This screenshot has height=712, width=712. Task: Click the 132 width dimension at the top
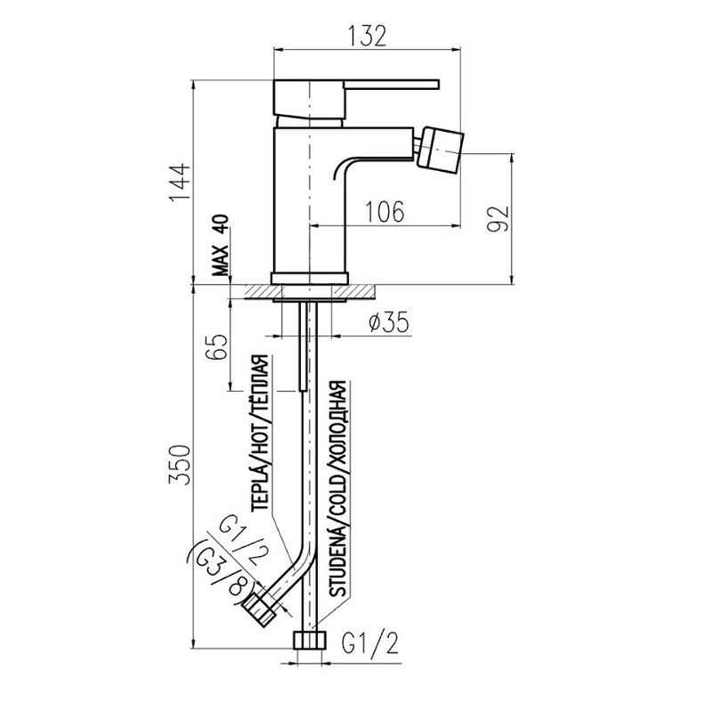click(368, 36)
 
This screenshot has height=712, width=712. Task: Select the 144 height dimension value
click(180, 182)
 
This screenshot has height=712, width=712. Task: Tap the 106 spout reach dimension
click(384, 212)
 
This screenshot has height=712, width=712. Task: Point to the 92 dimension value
click(498, 218)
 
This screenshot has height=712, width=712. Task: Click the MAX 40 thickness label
click(221, 246)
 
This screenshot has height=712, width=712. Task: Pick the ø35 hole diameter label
click(389, 322)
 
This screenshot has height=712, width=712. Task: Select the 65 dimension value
click(216, 347)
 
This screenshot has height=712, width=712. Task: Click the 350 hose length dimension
click(180, 465)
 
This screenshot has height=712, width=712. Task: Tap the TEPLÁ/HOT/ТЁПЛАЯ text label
click(262, 433)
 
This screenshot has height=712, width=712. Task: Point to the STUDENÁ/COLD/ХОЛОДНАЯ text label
click(338, 489)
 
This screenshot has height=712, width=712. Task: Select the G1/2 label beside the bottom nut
click(370, 643)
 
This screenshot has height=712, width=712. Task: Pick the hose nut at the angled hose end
click(260, 610)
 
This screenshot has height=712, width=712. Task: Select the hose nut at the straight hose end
click(310, 640)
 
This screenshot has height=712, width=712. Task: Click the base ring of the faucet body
click(310, 279)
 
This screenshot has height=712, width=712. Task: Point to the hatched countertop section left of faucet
click(258, 292)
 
